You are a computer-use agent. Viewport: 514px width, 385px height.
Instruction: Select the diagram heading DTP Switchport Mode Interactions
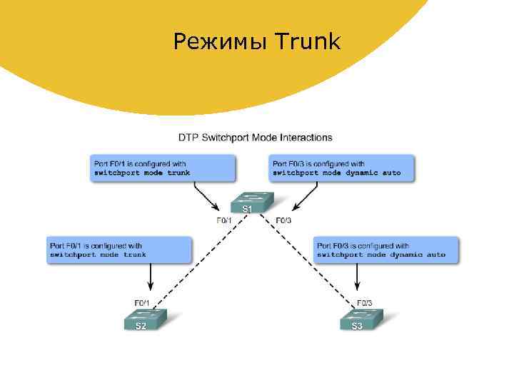[x=255, y=138]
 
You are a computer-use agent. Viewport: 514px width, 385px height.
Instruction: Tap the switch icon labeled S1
[x=246, y=202]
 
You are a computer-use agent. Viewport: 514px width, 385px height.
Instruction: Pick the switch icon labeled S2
[x=143, y=320]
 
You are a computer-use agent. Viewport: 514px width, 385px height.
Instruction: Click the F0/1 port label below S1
[x=224, y=220]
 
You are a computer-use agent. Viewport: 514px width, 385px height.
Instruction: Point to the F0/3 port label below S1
[x=283, y=220]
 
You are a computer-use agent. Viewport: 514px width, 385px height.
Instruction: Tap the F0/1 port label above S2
[x=143, y=302]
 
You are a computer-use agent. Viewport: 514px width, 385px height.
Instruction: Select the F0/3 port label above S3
[x=364, y=302]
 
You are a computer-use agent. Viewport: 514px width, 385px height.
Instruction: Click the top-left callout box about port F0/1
[x=162, y=168]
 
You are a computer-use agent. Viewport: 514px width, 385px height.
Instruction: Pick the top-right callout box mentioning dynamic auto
[x=341, y=168]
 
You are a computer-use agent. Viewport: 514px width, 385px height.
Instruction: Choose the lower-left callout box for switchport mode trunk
[x=119, y=250]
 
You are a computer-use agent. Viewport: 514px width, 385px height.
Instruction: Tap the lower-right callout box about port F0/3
[x=385, y=250]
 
